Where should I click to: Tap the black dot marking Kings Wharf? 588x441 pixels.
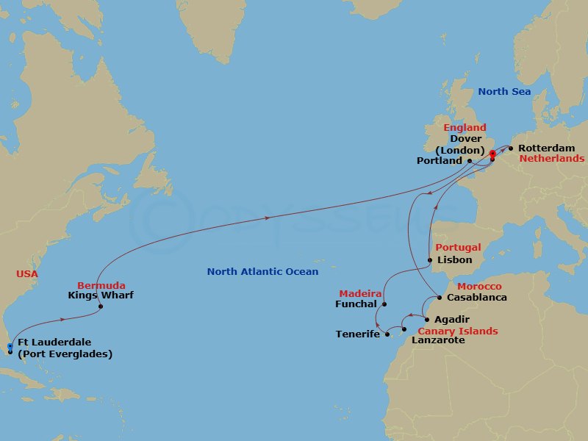[x=101, y=306]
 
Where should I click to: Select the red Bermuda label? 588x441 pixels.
[x=101, y=285]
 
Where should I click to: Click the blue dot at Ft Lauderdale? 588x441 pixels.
[x=10, y=346]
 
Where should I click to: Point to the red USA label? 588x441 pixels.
[x=26, y=274]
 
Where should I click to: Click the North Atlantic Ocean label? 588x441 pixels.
[x=262, y=272]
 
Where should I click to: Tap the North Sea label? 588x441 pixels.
[x=504, y=92]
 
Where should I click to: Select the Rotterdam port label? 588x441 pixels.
[x=547, y=148]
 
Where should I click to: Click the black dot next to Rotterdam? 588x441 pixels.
[x=511, y=148]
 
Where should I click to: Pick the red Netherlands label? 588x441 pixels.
[x=552, y=158]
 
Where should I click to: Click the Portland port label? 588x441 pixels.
[x=439, y=161]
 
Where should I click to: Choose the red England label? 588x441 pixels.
[x=465, y=128]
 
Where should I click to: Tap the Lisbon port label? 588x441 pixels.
[x=454, y=260]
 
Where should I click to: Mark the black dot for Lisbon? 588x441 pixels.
[x=430, y=260]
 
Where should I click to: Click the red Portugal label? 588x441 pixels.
[x=458, y=248]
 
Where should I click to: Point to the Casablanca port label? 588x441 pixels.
[x=478, y=298]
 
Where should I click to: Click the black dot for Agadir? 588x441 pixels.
[x=426, y=320]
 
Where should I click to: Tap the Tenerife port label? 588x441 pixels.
[x=358, y=334]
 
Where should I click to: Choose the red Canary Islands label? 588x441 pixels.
[x=457, y=331]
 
